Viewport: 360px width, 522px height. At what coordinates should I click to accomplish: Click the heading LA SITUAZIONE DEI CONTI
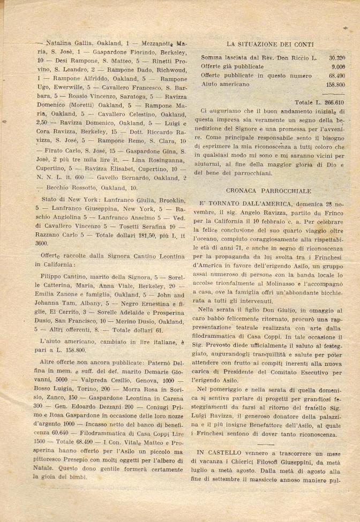tap(269, 44)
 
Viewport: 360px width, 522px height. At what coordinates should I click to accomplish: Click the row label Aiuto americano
tap(225, 84)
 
